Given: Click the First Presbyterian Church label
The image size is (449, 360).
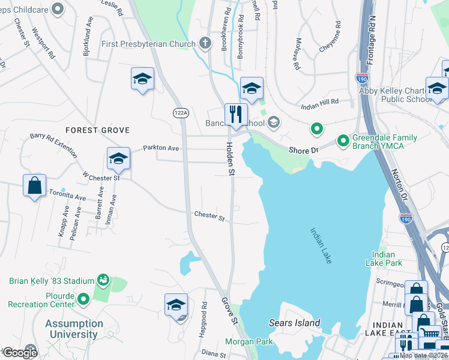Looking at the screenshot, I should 148,44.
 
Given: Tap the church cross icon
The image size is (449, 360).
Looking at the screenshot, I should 205,43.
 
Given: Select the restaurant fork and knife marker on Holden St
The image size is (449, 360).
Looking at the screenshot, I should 236,114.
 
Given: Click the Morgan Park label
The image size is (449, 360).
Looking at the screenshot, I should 249,342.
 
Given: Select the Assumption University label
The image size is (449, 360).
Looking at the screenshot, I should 75,329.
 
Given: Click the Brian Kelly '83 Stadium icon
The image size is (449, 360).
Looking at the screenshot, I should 103,280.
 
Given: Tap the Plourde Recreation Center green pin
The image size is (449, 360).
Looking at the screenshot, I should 83,298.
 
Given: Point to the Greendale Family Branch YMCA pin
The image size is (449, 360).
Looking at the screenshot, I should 343,140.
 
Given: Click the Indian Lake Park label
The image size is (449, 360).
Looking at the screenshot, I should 383,259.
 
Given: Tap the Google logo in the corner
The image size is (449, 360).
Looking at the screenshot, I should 19,353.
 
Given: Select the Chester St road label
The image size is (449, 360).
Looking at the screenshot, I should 209,215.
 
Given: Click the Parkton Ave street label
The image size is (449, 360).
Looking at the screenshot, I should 161,148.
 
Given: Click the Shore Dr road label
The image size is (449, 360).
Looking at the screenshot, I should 303,150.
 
